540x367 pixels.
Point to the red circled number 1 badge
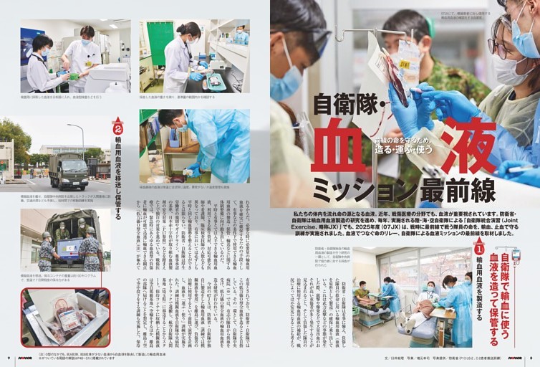[x=479, y=248]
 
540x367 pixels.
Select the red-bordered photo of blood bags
[x=65, y=317]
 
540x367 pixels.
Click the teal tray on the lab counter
[x=213, y=84]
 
